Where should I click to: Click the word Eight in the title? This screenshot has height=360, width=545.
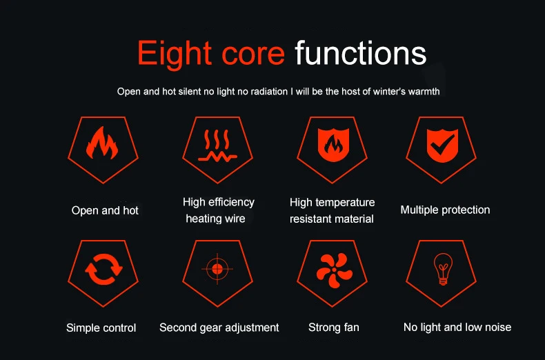(x=175, y=54)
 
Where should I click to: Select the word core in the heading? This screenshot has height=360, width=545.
(x=253, y=54)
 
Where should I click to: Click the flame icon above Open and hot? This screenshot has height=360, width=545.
(x=102, y=143)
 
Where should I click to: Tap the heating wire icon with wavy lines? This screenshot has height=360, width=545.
(x=217, y=146)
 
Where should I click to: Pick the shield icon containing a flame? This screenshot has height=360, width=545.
(x=333, y=145)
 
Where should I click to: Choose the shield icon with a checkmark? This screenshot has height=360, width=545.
(x=442, y=146)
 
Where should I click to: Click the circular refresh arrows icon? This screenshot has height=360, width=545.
(x=103, y=269)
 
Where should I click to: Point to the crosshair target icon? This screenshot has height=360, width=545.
(x=217, y=268)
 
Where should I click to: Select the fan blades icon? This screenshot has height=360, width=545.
(x=334, y=270)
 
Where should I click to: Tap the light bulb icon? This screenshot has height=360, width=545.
(x=443, y=269)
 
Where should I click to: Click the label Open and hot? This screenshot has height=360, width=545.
(x=105, y=210)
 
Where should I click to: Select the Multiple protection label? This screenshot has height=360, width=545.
(x=445, y=210)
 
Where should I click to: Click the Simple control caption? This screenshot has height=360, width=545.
(x=101, y=328)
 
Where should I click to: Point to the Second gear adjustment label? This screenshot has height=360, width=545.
(x=219, y=328)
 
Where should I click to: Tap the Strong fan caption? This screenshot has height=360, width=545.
(x=334, y=328)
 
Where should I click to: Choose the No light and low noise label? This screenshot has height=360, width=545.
(x=457, y=327)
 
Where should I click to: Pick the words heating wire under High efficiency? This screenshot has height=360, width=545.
(x=215, y=219)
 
